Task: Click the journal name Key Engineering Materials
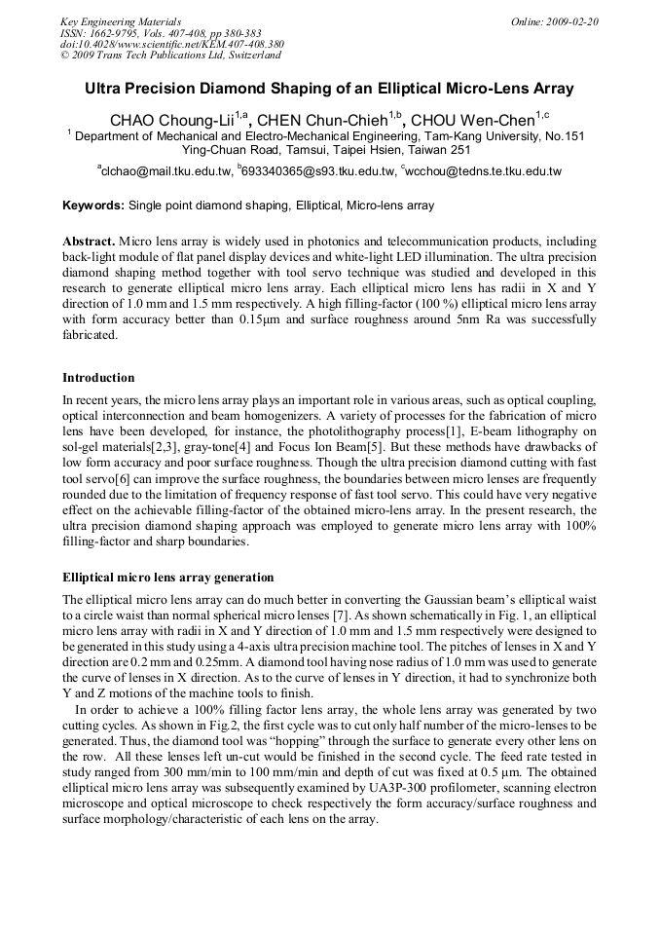tap(121, 21)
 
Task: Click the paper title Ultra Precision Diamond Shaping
tap(329, 89)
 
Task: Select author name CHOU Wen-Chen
tap(476, 120)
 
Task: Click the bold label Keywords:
tap(93, 205)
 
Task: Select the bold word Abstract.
tap(89, 241)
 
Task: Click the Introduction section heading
tap(98, 378)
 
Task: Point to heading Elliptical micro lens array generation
tap(167, 578)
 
